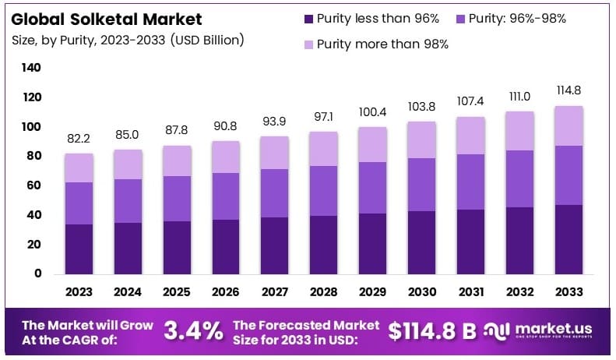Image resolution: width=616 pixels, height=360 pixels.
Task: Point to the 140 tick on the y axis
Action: click(31, 68)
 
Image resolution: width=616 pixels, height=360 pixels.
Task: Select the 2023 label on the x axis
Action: click(79, 293)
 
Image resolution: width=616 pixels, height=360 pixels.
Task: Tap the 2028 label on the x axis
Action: click(323, 293)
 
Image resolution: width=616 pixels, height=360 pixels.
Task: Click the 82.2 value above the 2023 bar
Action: click(79, 138)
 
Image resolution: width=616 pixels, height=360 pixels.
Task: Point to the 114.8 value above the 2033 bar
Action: click(568, 90)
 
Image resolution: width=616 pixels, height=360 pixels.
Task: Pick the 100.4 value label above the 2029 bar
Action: click(372, 111)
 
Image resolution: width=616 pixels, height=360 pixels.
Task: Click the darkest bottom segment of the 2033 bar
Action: click(568, 239)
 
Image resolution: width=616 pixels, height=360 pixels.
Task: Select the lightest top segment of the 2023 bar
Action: click(79, 168)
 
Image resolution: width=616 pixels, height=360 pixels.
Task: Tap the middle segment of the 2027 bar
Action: click(275, 193)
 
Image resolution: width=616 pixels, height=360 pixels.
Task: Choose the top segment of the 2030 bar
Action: click(421, 140)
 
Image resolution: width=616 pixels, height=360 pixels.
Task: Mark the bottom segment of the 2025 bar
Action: click(177, 247)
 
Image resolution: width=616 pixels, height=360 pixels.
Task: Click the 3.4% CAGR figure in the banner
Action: click(194, 330)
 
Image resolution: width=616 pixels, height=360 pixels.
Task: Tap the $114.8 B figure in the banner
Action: click(431, 330)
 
